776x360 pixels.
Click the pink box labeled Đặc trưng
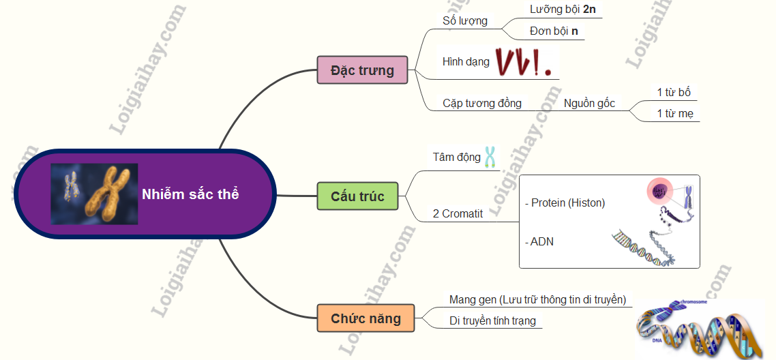tap(362, 70)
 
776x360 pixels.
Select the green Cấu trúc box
tap(357, 196)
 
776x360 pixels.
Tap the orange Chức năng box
tap(365, 318)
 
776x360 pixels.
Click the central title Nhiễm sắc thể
tap(190, 194)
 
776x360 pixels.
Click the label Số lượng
tap(464, 20)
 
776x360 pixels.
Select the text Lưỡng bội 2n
tap(558, 9)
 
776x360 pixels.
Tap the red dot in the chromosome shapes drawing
tap(547, 72)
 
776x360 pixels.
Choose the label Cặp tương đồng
tap(482, 104)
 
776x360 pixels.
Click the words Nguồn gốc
tap(589, 104)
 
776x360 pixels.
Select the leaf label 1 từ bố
tap(674, 92)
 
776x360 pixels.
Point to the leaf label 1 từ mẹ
tap(675, 114)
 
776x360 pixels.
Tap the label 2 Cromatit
tap(458, 214)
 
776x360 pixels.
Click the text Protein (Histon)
tap(565, 202)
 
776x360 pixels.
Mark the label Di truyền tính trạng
tap(492, 321)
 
